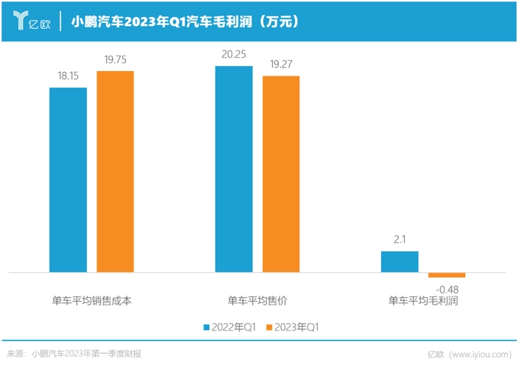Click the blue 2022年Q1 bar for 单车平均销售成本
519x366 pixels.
68,180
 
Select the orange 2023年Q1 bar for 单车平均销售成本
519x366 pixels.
115,172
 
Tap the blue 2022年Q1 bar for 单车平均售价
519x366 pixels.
234,170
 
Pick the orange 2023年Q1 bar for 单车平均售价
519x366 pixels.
281,174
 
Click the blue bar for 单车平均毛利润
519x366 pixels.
400,262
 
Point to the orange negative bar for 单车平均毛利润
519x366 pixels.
446,275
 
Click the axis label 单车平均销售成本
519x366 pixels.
91,301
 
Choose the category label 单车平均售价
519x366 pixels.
257,301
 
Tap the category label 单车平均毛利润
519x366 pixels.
423,301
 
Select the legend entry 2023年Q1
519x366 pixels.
297,326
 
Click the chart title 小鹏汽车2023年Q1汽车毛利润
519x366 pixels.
185,22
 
